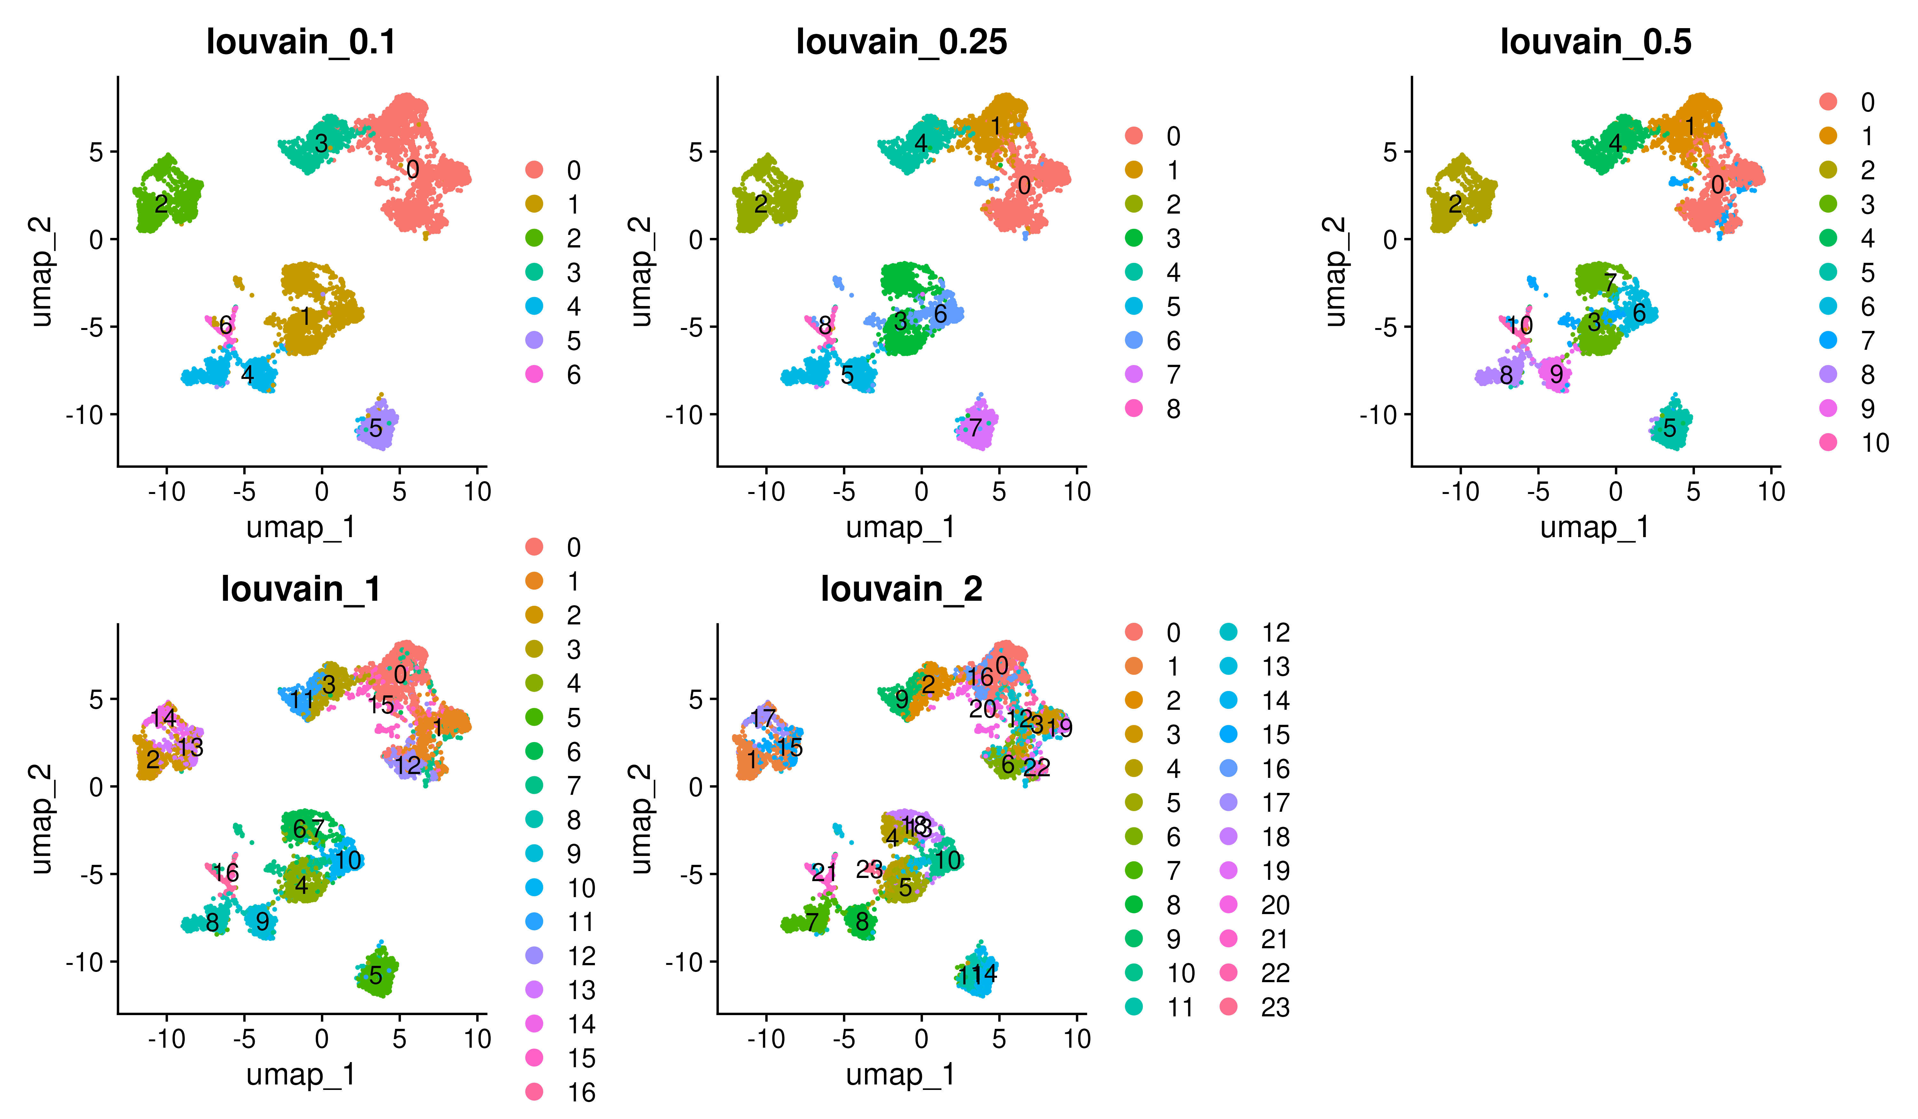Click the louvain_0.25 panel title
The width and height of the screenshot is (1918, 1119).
[x=901, y=42]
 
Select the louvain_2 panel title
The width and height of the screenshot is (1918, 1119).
[x=901, y=589]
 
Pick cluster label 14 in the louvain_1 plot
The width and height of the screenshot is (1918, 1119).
[x=163, y=718]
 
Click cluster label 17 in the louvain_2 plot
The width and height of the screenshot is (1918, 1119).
[x=763, y=718]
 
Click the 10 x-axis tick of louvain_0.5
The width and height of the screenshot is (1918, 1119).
[x=1771, y=492]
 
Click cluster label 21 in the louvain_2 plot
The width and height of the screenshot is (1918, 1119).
[x=823, y=873]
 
